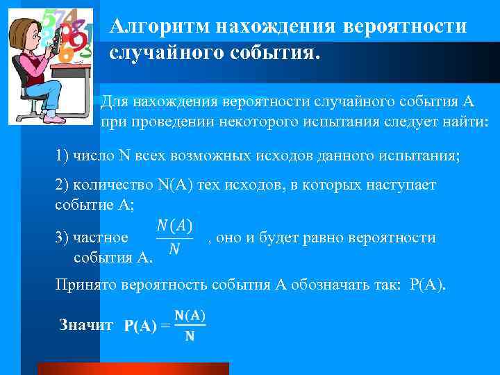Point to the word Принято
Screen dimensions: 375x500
point(85,285)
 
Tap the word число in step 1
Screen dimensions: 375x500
point(97,154)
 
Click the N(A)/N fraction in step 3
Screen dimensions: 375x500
point(174,237)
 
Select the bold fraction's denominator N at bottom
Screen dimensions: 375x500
point(190,338)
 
